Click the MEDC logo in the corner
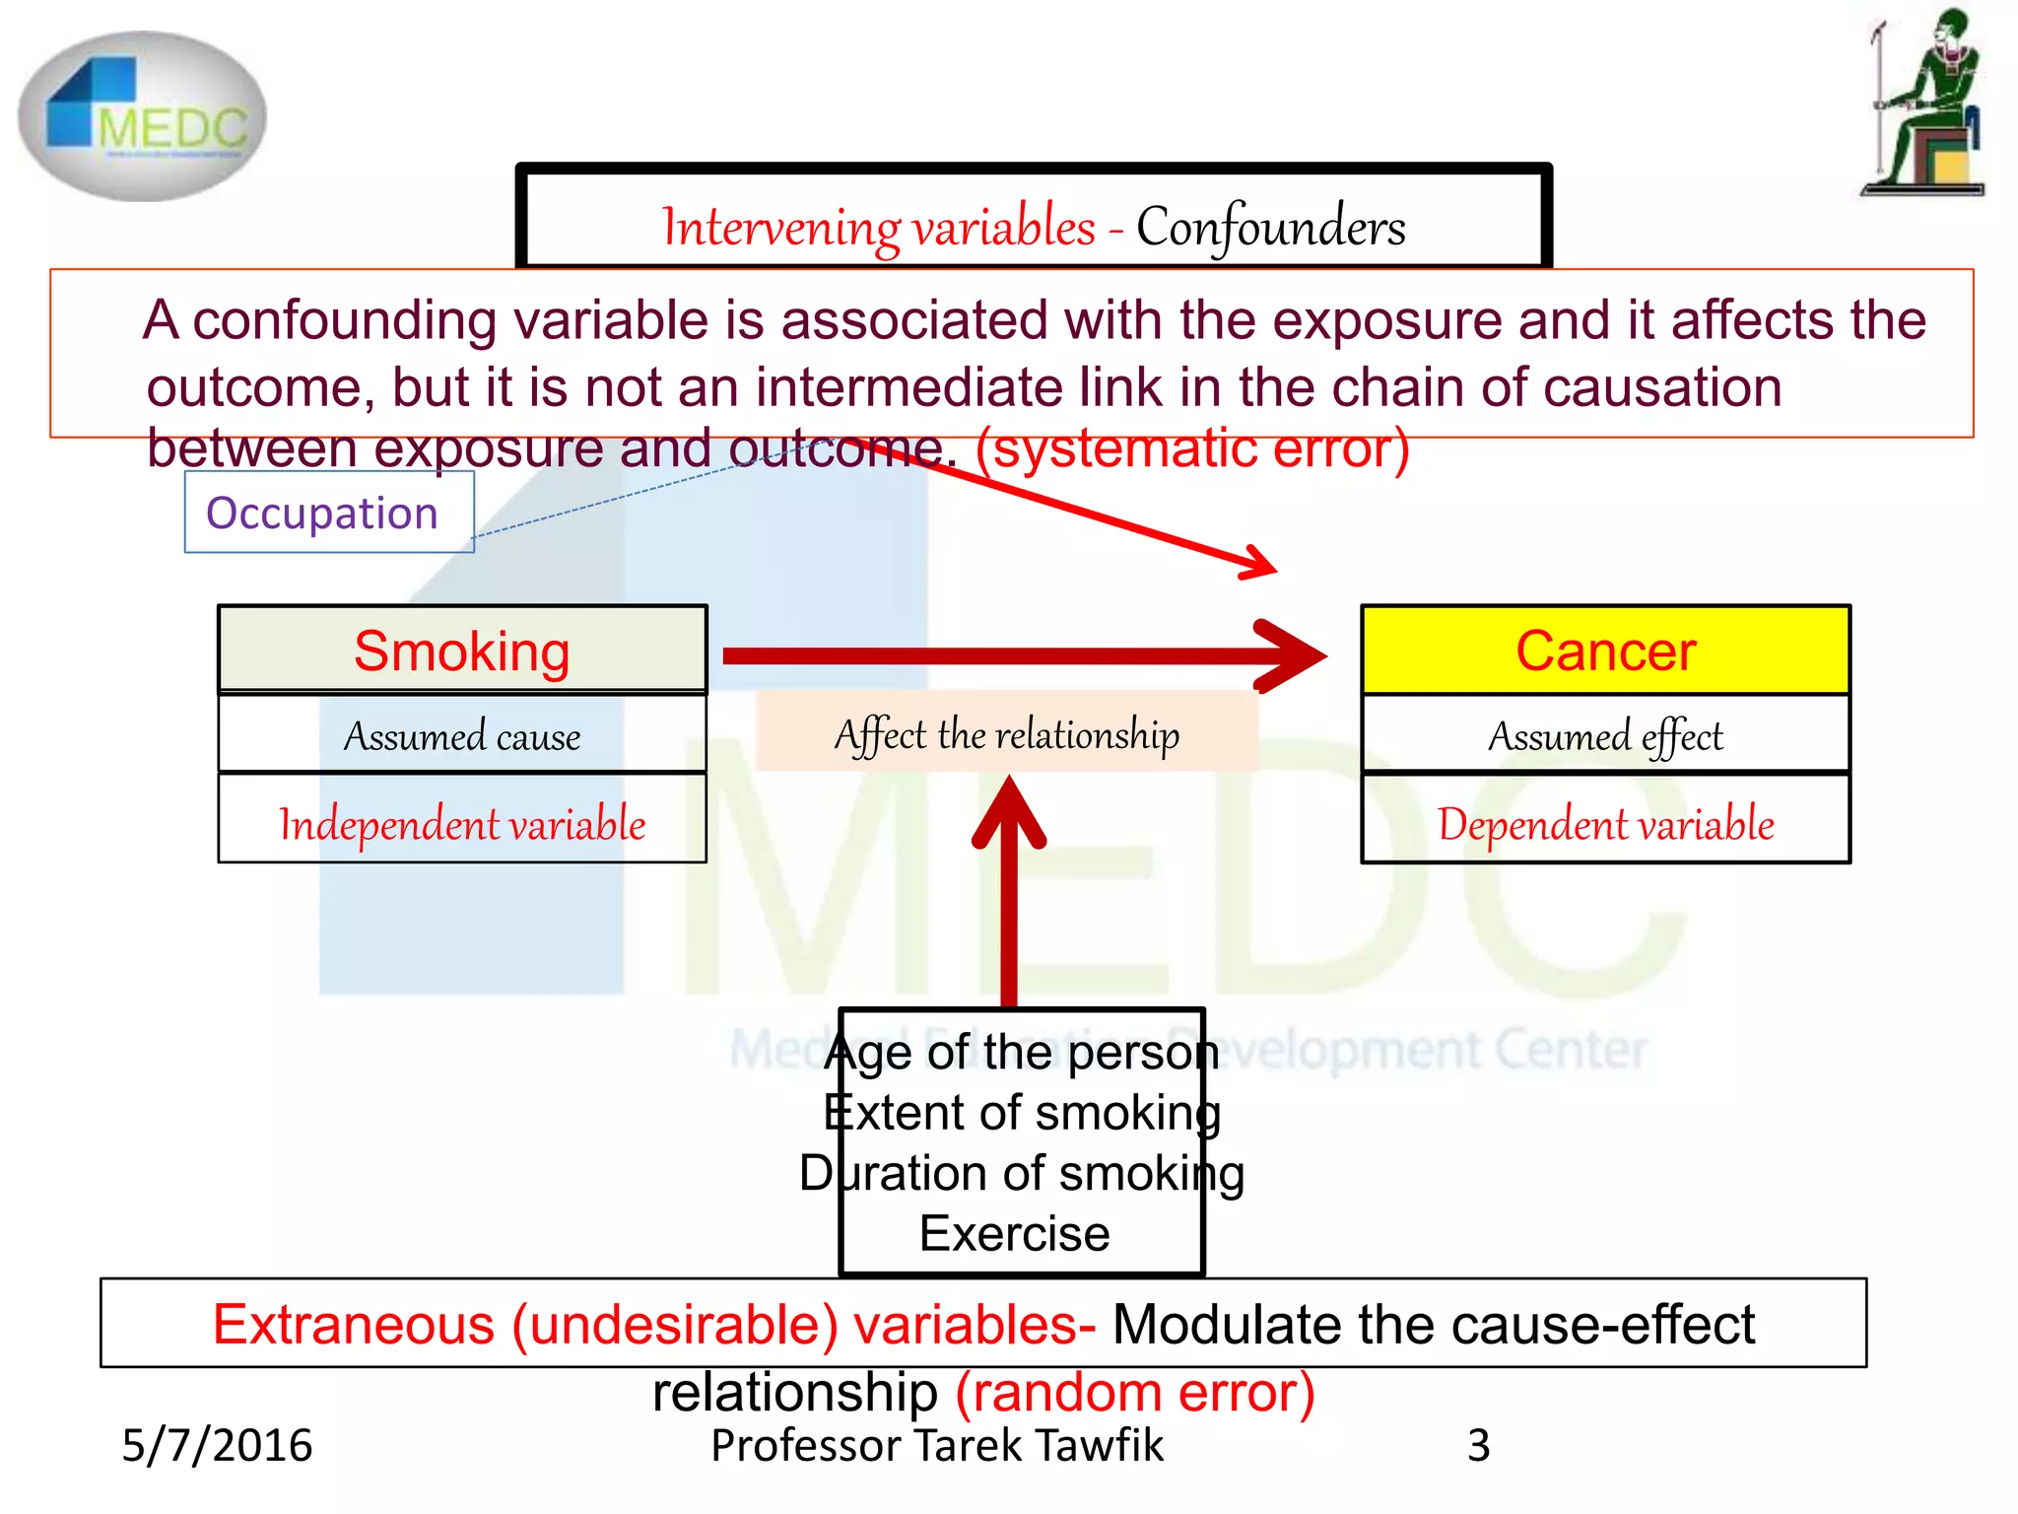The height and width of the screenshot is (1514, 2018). point(142,116)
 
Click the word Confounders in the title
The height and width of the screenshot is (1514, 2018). point(1270,228)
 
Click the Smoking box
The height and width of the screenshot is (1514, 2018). point(462,651)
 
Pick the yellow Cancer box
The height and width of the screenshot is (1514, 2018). point(1605,651)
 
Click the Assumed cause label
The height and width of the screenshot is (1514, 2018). point(462,736)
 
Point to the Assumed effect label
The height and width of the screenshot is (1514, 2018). point(1605,736)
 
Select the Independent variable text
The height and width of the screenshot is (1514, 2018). point(462,824)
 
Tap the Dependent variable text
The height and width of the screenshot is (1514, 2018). point(1605,824)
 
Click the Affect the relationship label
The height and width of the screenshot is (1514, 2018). point(1006,734)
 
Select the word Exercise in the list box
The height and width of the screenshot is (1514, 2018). point(1014,1234)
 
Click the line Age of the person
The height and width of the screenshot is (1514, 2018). point(1022,1053)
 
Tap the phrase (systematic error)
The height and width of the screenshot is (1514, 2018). point(1192,448)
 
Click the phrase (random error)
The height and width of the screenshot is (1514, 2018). point(1135,1393)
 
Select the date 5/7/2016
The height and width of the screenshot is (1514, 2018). point(217,1445)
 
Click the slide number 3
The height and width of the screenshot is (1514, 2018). point(1478,1445)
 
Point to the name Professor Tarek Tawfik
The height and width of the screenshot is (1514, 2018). point(937,1445)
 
